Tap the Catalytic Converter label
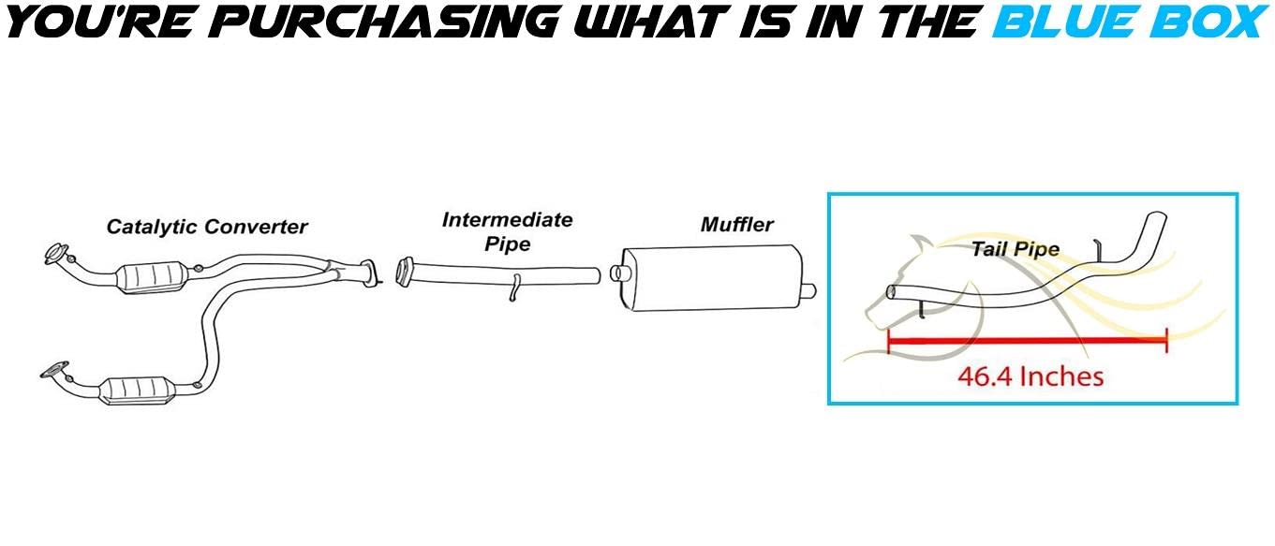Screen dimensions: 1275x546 coord(207,227)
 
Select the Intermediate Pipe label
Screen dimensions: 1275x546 coord(507,232)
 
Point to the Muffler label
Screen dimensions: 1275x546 coord(736,225)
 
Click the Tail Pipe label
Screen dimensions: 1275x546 coord(1016,249)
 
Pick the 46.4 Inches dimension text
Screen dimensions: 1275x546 coord(1030,376)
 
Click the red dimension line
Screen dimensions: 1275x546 coord(1028,341)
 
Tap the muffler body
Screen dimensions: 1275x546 coord(711,278)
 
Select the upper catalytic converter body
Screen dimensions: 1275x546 coord(152,278)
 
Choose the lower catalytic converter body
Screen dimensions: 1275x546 coord(136,390)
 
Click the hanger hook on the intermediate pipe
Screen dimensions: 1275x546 coord(514,288)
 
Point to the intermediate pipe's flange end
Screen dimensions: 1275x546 coord(405,273)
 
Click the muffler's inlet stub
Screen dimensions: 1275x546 coord(615,273)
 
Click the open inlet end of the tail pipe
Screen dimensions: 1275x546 coord(891,292)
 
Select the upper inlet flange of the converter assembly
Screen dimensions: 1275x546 coord(56,254)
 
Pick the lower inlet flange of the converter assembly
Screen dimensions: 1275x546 coord(54,370)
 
